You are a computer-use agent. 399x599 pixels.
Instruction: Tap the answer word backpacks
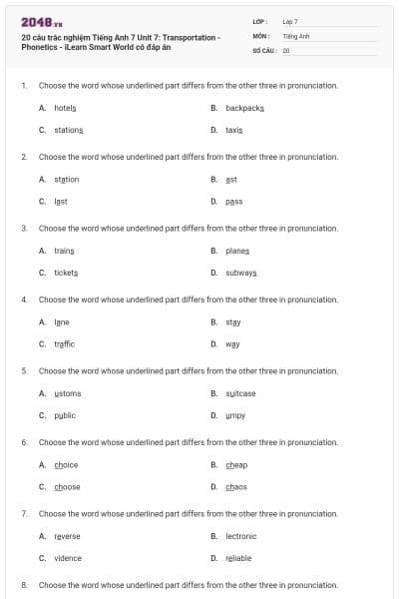click(x=244, y=108)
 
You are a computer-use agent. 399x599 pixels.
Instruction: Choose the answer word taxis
click(x=234, y=130)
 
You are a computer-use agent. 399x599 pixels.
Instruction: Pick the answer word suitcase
click(x=240, y=393)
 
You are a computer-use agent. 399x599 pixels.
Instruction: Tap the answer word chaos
click(x=236, y=487)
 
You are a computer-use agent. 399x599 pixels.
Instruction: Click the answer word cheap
click(x=236, y=464)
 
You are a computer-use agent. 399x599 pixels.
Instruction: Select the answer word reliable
click(x=238, y=558)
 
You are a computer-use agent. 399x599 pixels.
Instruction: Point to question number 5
click(x=24, y=370)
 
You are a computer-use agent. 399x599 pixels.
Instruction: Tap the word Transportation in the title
click(x=191, y=37)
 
